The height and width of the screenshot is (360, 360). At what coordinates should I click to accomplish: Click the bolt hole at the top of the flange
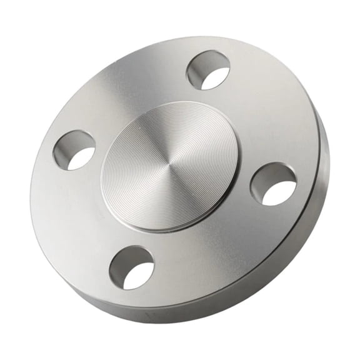208,69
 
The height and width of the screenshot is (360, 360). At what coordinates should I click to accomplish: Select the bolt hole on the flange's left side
74,149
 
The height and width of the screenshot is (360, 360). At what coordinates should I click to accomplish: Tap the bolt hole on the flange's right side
273,183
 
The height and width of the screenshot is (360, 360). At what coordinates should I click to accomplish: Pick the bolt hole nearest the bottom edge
131,267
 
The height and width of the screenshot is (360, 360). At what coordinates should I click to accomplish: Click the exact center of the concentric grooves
169,164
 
